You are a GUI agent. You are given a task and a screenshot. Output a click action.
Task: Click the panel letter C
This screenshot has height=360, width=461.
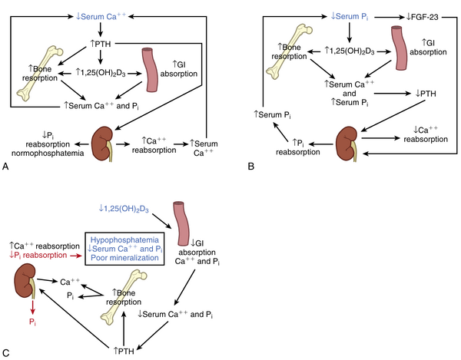click(6, 352)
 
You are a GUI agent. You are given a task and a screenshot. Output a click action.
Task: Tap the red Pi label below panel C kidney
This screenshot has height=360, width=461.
click(30, 312)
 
